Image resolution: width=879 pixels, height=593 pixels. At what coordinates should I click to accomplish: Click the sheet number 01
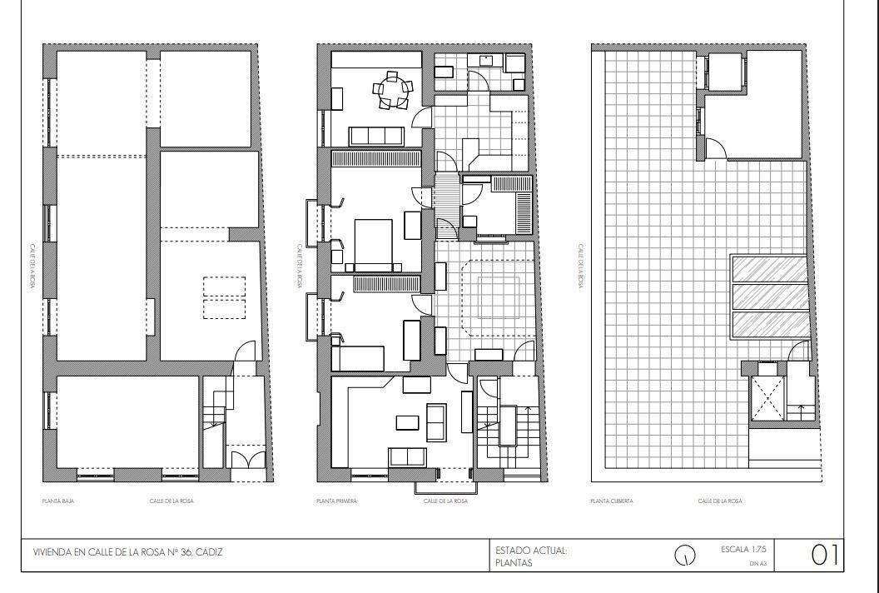(x=824, y=556)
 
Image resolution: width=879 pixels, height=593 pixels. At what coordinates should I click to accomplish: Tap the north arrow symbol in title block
(x=684, y=556)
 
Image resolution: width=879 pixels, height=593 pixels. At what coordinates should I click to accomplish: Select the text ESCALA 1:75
(x=743, y=550)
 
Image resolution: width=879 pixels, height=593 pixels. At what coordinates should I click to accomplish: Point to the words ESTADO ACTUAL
(x=531, y=551)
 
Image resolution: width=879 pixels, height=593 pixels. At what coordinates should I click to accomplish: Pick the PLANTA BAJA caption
(x=56, y=501)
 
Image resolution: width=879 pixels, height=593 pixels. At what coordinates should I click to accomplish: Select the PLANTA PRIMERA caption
(x=336, y=501)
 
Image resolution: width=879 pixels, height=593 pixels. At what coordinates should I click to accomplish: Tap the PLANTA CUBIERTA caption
(x=612, y=501)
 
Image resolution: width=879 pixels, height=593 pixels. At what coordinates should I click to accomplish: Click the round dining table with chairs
(x=391, y=90)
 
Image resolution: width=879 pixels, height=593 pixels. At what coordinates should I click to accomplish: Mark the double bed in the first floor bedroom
(x=373, y=242)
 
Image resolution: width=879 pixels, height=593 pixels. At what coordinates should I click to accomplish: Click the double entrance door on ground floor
(x=247, y=460)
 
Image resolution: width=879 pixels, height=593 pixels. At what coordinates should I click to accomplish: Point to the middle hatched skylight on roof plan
(x=769, y=296)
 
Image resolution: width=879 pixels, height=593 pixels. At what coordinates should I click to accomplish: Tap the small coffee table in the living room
(x=407, y=422)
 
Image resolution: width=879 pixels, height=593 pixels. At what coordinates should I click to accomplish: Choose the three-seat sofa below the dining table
(x=375, y=136)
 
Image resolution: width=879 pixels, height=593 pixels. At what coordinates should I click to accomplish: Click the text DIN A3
(x=757, y=564)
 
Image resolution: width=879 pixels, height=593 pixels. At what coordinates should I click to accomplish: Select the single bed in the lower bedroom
(x=358, y=358)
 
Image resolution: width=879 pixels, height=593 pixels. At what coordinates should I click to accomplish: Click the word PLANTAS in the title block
(x=514, y=563)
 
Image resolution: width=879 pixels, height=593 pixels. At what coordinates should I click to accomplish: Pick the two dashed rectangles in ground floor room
(x=225, y=297)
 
